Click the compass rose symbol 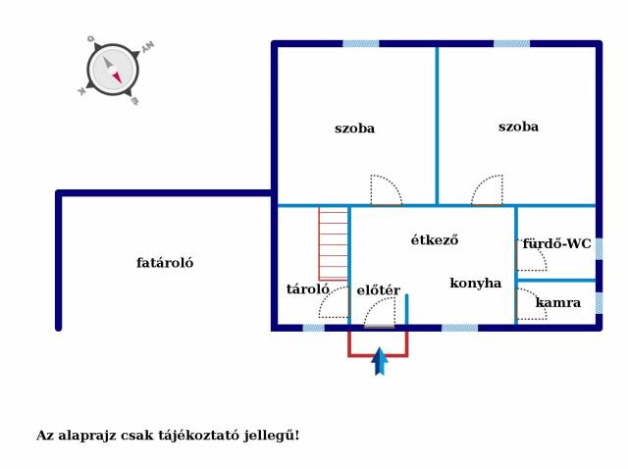pyautogui.click(x=113, y=70)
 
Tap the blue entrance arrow pyautogui.click(x=380, y=361)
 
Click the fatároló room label pyautogui.click(x=165, y=263)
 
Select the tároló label pyautogui.click(x=307, y=289)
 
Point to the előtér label pyautogui.click(x=378, y=290)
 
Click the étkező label pyautogui.click(x=435, y=239)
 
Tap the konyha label pyautogui.click(x=475, y=284)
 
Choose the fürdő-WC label pyautogui.click(x=556, y=243)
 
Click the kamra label pyautogui.click(x=558, y=303)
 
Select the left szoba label pyautogui.click(x=354, y=129)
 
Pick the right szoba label pyautogui.click(x=518, y=127)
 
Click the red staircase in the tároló pyautogui.click(x=334, y=243)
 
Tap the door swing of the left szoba pyautogui.click(x=386, y=190)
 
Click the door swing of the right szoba pyautogui.click(x=487, y=190)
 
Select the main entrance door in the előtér pyautogui.click(x=380, y=313)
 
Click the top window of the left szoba pyautogui.click(x=360, y=43)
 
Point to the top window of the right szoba pyautogui.click(x=511, y=43)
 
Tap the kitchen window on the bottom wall pyautogui.click(x=460, y=328)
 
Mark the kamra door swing pyautogui.click(x=532, y=304)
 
